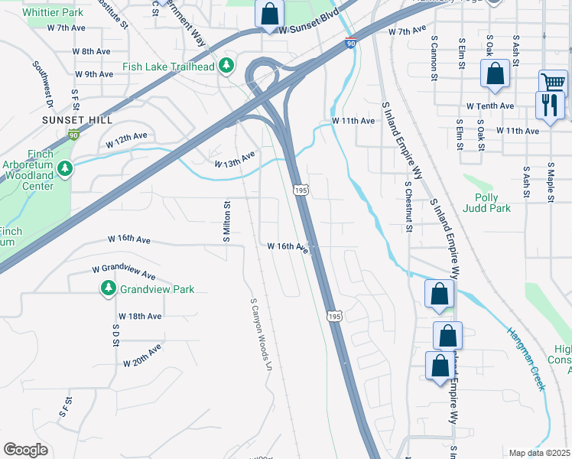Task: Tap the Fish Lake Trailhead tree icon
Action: [226, 67]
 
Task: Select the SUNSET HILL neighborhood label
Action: [77, 120]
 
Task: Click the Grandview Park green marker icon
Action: [108, 289]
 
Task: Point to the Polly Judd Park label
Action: [487, 202]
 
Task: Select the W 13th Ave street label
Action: [234, 160]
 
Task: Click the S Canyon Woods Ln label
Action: [261, 334]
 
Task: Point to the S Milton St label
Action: [226, 222]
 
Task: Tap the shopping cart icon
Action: [553, 82]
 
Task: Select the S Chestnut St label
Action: [409, 207]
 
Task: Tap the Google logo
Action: [25, 450]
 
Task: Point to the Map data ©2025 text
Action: [539, 453]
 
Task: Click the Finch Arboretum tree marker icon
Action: [65, 168]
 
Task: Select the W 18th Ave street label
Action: [140, 316]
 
